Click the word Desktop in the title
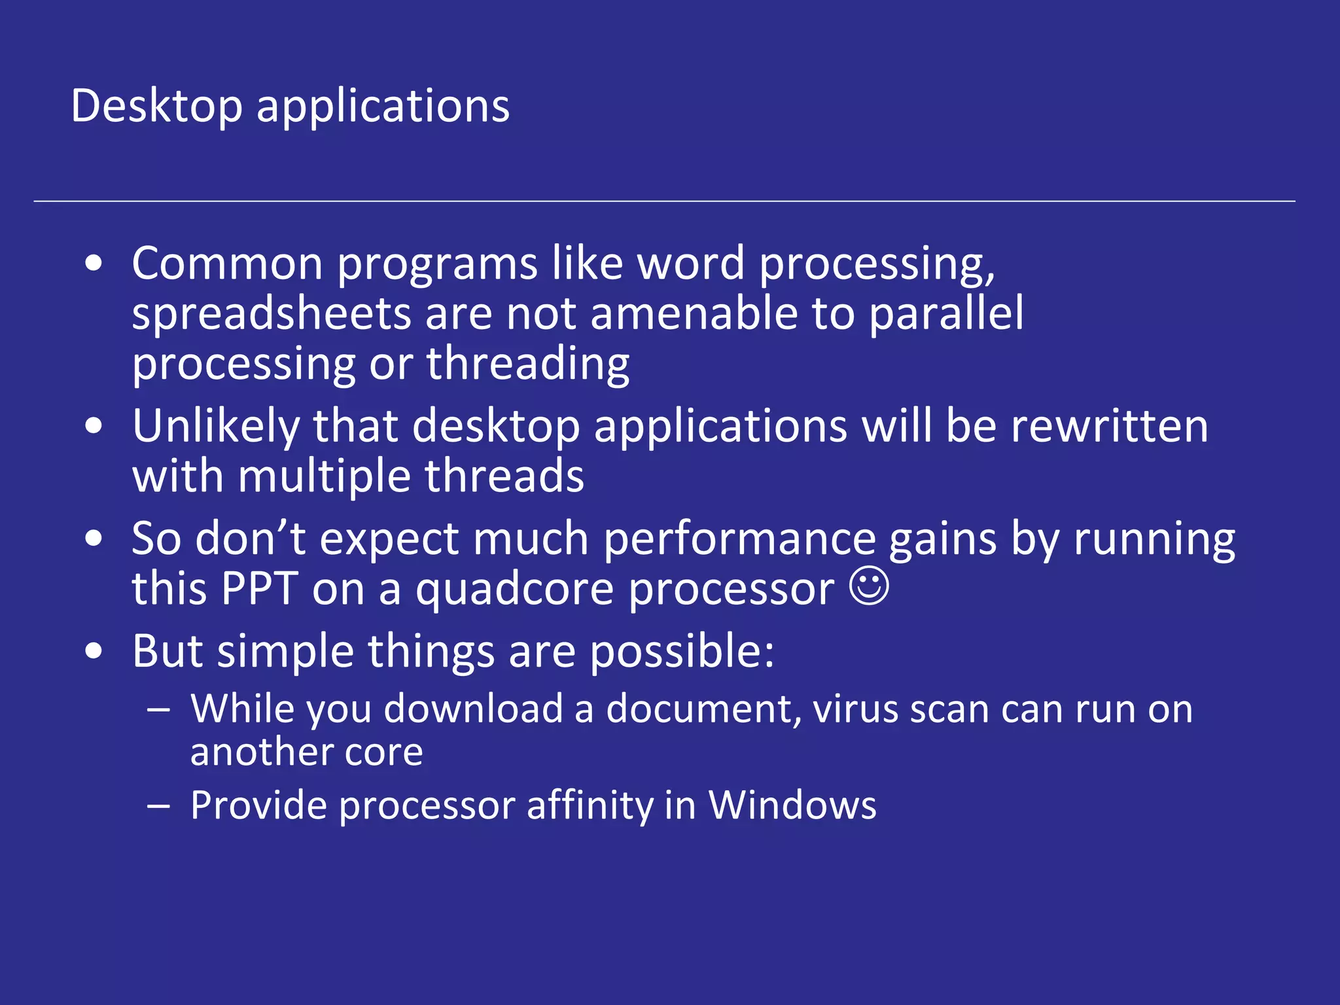point(156,106)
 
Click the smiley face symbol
point(869,586)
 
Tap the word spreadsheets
point(272,314)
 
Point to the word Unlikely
point(216,427)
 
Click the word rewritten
point(1109,427)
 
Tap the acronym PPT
point(260,589)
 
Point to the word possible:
point(682,652)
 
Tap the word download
point(473,709)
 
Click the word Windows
point(792,805)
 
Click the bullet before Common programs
point(94,264)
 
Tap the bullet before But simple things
point(94,652)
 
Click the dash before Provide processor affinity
point(159,806)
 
